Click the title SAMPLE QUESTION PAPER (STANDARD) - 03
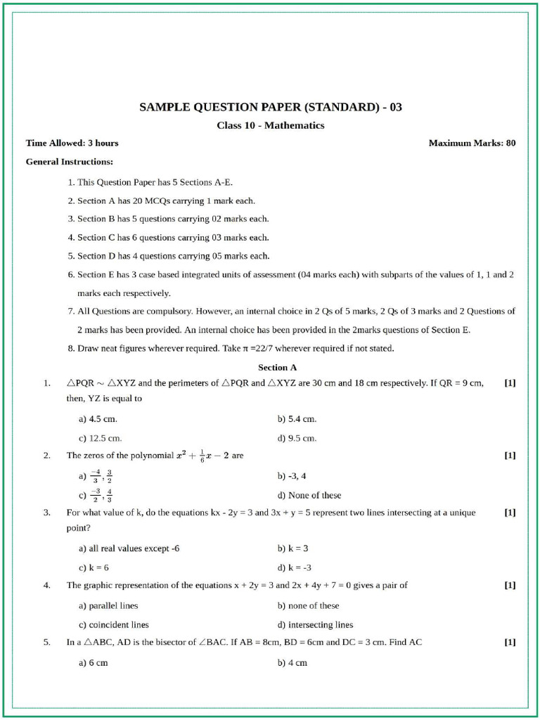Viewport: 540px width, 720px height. pos(271,108)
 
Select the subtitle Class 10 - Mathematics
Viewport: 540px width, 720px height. pos(271,125)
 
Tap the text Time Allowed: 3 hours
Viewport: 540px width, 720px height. pos(72,143)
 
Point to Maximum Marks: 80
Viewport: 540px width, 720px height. pos(472,143)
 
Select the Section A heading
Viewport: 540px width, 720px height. pos(278,367)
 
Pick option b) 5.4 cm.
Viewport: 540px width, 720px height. pos(297,419)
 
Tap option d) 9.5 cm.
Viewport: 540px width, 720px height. pos(297,438)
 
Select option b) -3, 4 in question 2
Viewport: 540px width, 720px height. pos(292,476)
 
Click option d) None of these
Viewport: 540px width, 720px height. pos(309,495)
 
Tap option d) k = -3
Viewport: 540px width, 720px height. pos(295,567)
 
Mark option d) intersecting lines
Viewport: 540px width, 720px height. pos(315,624)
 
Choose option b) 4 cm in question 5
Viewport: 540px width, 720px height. pos(292,663)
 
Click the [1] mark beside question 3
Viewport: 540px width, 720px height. pos(510,513)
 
